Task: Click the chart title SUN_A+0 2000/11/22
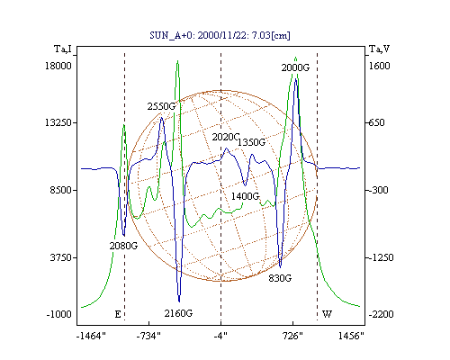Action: [220, 35]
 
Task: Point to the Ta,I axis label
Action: [63, 49]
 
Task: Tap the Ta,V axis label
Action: [379, 49]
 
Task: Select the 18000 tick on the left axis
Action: [58, 66]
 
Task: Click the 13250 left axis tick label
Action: [58, 122]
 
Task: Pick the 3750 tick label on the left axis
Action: [61, 257]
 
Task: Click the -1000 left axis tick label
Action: [59, 314]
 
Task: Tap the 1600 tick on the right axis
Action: [379, 66]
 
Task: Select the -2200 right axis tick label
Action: [381, 314]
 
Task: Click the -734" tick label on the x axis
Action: [148, 336]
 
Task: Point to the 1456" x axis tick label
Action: [351, 336]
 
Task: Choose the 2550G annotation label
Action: [161, 106]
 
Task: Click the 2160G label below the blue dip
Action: [178, 313]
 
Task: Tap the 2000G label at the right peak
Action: [295, 67]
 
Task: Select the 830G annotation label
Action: [280, 278]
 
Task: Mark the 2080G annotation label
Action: [123, 246]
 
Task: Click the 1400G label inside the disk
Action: [245, 196]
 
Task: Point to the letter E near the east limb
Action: [118, 314]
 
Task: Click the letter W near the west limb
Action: [327, 314]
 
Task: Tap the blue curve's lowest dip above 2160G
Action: [179, 301]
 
